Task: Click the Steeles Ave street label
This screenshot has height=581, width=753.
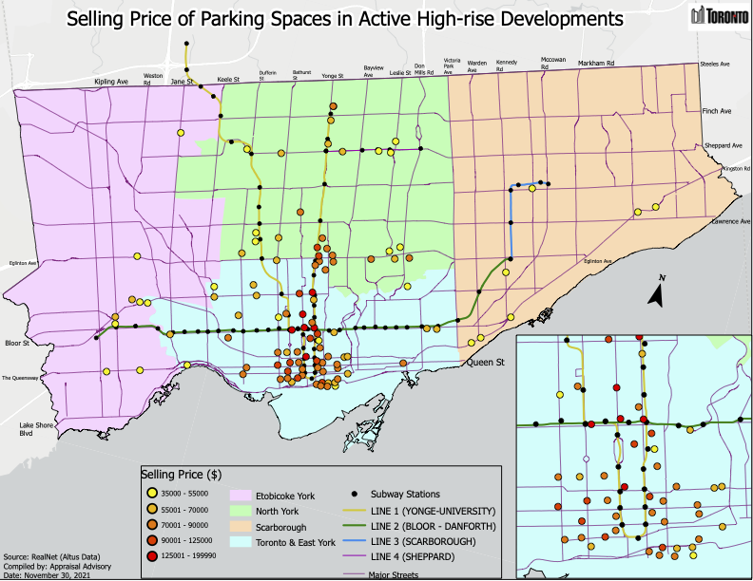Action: [714, 65]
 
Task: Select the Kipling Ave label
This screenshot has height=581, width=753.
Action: [111, 83]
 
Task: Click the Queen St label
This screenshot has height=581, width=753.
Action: [483, 363]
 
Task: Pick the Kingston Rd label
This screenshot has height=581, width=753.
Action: [736, 168]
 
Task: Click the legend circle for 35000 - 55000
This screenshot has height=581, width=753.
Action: [150, 494]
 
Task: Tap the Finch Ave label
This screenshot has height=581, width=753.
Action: [717, 111]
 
